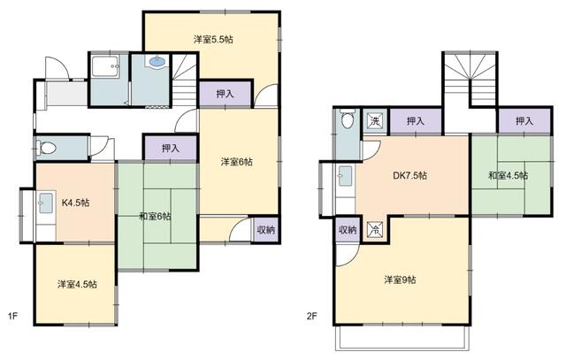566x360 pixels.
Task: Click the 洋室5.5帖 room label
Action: [213, 39]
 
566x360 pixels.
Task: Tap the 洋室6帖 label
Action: [236, 162]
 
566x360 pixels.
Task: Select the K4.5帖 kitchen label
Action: [75, 203]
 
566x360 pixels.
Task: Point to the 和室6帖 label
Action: [156, 217]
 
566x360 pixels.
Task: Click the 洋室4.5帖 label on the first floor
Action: [77, 284]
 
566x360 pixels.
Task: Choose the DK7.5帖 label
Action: [410, 175]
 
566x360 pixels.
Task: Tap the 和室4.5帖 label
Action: [508, 175]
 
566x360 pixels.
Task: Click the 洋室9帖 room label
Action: [400, 280]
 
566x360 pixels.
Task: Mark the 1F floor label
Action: [12, 317]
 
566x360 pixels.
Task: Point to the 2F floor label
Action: [311, 317]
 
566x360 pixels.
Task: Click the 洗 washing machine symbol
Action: [375, 121]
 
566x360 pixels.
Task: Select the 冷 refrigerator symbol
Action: [375, 230]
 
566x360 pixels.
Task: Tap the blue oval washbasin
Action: [157, 62]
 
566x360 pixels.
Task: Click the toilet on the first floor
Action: [46, 148]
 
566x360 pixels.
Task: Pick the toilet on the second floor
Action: [348, 119]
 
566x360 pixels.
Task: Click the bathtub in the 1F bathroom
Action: [105, 66]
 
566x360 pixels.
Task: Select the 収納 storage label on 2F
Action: [348, 230]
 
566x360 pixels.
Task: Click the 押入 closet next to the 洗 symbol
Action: [415, 121]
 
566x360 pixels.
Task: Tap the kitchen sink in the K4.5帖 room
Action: [46, 203]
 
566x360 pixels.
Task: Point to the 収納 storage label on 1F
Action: [265, 230]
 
